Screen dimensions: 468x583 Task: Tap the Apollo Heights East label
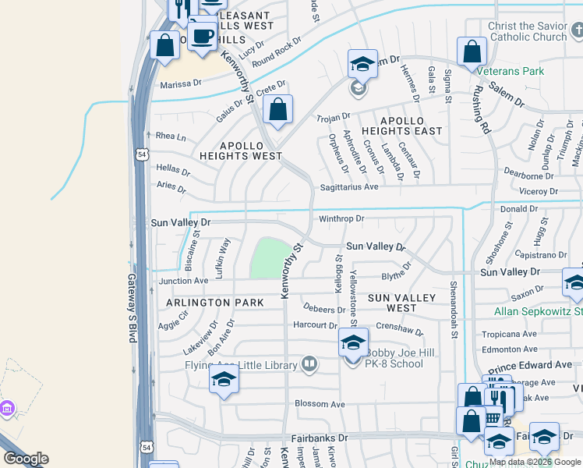pos(401,126)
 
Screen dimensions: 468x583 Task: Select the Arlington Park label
pos(208,303)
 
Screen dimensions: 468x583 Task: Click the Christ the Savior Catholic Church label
pos(528,32)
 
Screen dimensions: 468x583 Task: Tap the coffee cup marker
pos(203,35)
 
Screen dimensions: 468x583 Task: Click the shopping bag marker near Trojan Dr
pos(278,111)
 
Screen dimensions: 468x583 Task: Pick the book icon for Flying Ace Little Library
pos(309,364)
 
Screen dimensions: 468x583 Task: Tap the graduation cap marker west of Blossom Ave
pos(224,380)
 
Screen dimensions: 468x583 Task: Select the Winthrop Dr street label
pos(341,218)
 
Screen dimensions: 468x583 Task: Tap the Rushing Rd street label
pos(481,109)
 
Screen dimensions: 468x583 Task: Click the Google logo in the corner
pos(26,459)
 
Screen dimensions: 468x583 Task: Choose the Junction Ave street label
pos(184,281)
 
